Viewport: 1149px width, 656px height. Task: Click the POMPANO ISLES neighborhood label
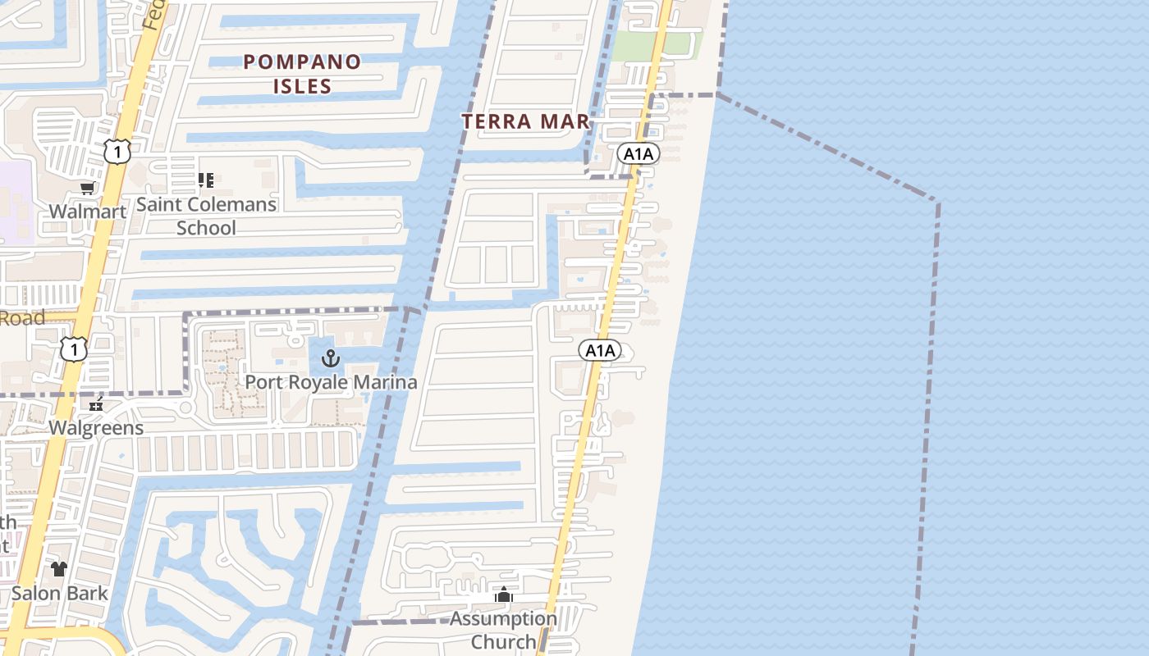[x=303, y=74]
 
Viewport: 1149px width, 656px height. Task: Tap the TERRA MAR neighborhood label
[x=525, y=121]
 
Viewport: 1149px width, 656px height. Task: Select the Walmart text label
[x=87, y=212]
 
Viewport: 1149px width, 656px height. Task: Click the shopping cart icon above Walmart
[x=87, y=189]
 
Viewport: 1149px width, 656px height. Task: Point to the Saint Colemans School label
[x=206, y=216]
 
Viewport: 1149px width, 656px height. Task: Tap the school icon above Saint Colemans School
[x=205, y=180]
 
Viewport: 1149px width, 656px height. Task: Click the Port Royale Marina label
[x=331, y=382]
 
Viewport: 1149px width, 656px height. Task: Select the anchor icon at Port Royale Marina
[x=330, y=358]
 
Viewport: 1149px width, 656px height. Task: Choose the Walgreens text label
[x=96, y=428]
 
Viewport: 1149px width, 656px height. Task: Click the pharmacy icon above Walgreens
[x=96, y=404]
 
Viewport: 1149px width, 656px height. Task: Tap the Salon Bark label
[x=59, y=593]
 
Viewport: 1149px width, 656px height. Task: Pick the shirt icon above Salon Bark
[x=58, y=568]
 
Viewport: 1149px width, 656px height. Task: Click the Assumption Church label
[x=503, y=630]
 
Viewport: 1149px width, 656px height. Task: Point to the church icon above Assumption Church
[x=504, y=594]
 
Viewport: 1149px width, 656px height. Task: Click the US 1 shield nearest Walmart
[x=117, y=151]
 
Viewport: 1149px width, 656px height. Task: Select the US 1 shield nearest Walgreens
[x=73, y=348]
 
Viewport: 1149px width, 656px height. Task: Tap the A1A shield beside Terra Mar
[x=639, y=153]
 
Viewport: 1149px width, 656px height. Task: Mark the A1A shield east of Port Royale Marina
[x=600, y=351]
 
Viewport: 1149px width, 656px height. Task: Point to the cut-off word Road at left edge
[x=22, y=318]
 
